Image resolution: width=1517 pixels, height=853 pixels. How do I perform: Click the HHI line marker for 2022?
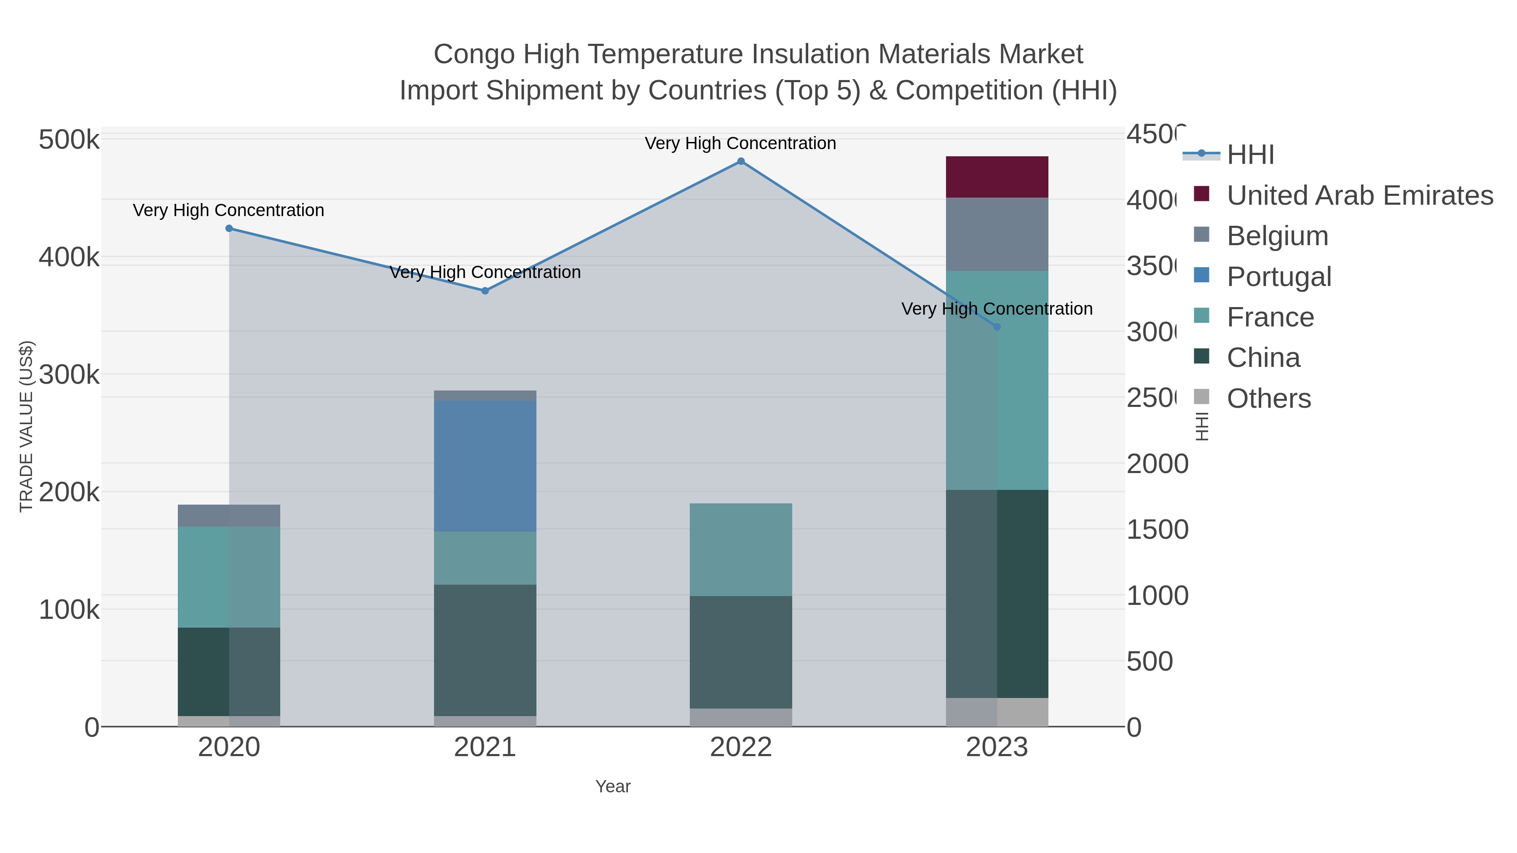pyautogui.click(x=741, y=161)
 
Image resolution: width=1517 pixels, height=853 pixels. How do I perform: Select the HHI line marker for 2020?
pyautogui.click(x=229, y=228)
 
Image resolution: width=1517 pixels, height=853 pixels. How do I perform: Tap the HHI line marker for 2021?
pyautogui.click(x=485, y=291)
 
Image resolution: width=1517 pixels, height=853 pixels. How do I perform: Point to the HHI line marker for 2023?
pyautogui.click(x=997, y=327)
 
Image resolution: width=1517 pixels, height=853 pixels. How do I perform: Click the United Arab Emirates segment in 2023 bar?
pyautogui.click(x=997, y=176)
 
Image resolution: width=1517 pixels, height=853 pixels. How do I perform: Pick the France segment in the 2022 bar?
pyautogui.click(x=741, y=549)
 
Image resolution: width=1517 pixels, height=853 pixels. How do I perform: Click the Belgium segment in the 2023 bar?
pyautogui.click(x=997, y=234)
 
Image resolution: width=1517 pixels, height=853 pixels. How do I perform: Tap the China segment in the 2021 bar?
pyautogui.click(x=485, y=650)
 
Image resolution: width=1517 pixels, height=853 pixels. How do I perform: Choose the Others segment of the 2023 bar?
pyautogui.click(x=997, y=712)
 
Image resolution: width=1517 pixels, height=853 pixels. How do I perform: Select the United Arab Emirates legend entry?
pyautogui.click(x=1359, y=195)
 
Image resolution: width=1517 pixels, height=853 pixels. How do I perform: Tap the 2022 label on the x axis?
pyautogui.click(x=741, y=748)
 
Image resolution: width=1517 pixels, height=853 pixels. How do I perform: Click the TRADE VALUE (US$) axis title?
pyautogui.click(x=27, y=426)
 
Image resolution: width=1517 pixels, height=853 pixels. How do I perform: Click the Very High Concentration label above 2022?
pyautogui.click(x=740, y=143)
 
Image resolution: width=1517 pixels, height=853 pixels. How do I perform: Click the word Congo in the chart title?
pyautogui.click(x=474, y=54)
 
